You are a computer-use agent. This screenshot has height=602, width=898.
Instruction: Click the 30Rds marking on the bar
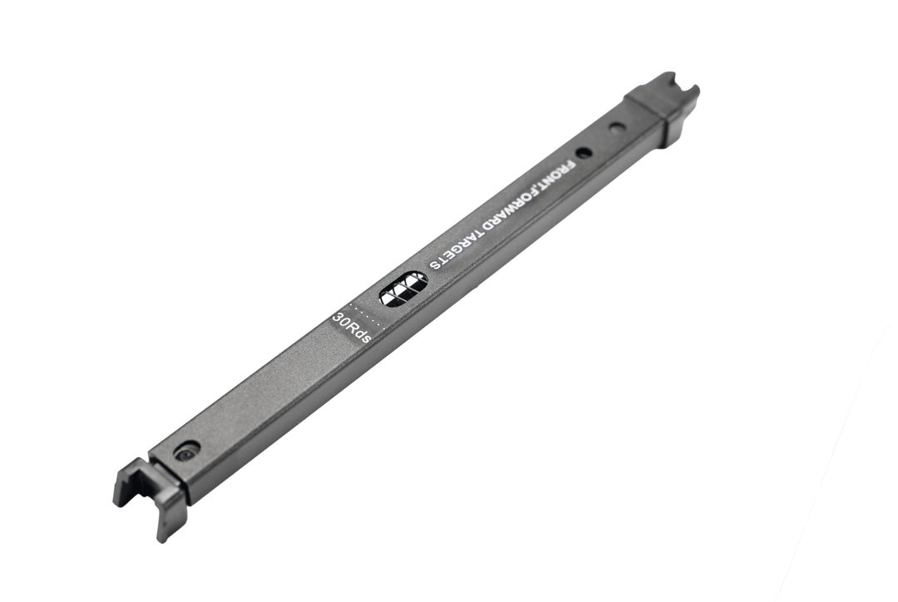pyautogui.click(x=353, y=328)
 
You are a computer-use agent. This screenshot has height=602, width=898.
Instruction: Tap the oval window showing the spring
pyautogui.click(x=404, y=288)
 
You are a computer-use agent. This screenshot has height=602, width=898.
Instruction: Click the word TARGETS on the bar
pyautogui.click(x=465, y=246)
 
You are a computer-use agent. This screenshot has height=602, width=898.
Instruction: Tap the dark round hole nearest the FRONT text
pyautogui.click(x=584, y=153)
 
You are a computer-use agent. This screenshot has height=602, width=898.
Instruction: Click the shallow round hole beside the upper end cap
pyautogui.click(x=616, y=128)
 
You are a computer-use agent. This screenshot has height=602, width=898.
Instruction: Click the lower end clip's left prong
pyautogui.click(x=123, y=486)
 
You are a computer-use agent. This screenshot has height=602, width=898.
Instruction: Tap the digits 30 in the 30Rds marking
pyautogui.click(x=341, y=320)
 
